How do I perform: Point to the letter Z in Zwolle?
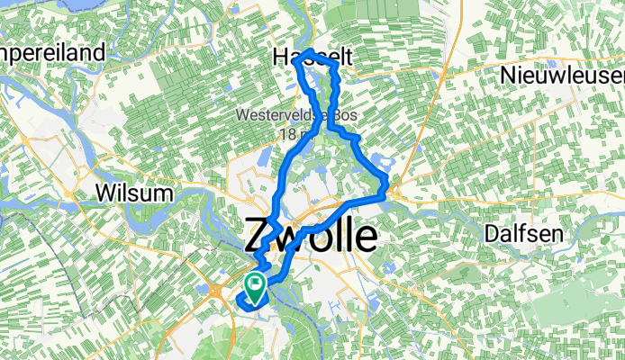pyautogui.click(x=258, y=237)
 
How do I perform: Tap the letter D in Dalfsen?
pyautogui.click(x=490, y=232)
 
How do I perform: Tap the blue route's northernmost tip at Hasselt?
pyautogui.click(x=309, y=50)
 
